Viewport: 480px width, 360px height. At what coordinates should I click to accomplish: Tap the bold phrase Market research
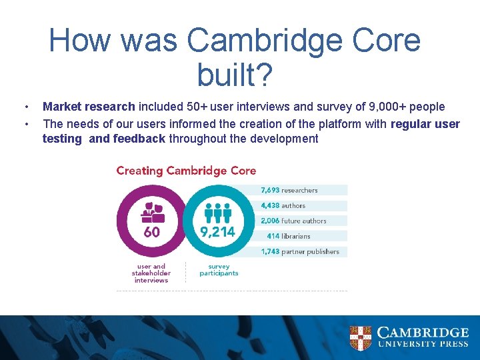(89, 107)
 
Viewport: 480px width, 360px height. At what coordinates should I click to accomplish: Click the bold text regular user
(425, 123)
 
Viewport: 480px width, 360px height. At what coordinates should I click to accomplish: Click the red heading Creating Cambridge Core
(186, 171)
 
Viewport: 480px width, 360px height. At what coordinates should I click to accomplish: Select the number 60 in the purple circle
(152, 232)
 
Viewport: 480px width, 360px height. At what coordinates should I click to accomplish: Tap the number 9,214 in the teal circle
(218, 232)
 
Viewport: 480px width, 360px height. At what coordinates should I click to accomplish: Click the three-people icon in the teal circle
(217, 212)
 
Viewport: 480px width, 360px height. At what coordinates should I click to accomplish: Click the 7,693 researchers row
(303, 190)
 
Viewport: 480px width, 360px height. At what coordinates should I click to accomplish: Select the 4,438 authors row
(303, 205)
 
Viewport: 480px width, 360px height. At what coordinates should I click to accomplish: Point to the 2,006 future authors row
(303, 221)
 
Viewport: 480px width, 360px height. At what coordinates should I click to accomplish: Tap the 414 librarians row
(303, 236)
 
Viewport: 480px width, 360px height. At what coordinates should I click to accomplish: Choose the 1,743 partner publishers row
(303, 251)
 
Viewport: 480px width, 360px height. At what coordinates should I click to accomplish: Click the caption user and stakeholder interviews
(151, 273)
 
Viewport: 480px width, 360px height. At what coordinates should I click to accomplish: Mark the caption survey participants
(218, 269)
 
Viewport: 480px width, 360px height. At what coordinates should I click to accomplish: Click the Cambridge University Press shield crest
(361, 338)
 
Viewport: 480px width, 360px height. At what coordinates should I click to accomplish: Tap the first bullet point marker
(25, 107)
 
